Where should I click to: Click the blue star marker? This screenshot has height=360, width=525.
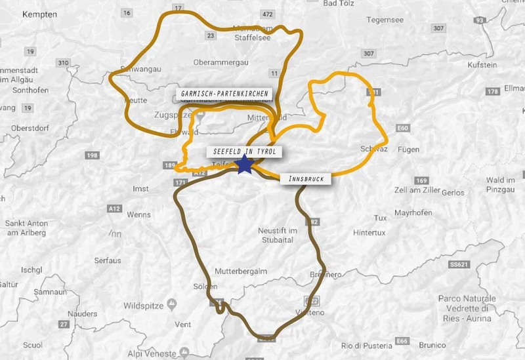pos(245,165)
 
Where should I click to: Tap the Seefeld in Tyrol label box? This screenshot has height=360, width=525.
pos(247,151)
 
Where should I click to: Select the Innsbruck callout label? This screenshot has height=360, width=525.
pos(306,178)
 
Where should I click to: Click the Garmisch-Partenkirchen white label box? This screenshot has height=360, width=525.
pos(224,94)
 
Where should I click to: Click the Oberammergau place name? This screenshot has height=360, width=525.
pos(220,62)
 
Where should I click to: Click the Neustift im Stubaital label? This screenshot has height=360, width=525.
pos(278,235)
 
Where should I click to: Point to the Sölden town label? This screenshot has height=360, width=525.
pos(205,287)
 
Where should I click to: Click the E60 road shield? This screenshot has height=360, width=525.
pos(403,129)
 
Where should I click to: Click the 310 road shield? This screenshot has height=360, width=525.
pos(63,63)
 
